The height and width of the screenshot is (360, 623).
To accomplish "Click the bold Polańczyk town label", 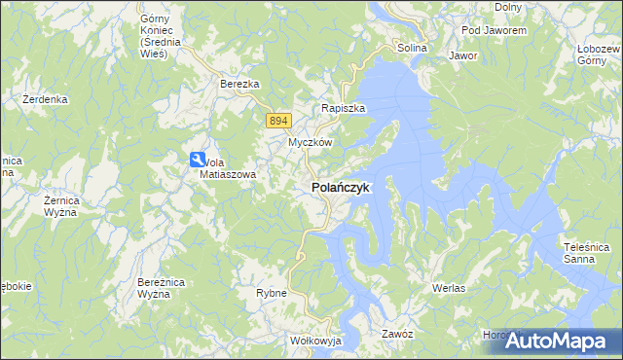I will point(340,189).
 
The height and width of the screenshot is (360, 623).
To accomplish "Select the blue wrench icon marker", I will point(198,161).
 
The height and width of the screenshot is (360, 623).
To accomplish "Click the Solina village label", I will point(413,48).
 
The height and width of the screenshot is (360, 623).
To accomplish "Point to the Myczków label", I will point(310,142).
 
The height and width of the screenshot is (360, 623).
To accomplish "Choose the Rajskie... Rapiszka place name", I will point(343,109).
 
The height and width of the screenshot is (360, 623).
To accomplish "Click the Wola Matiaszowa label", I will point(229,168).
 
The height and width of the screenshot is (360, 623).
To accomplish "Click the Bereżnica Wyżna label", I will point(155,287).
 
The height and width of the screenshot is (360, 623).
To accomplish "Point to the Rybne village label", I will point(271,293).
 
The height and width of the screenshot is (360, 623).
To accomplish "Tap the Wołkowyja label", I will point(312,342).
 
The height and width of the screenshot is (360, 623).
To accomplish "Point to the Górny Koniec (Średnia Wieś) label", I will point(154,36).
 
